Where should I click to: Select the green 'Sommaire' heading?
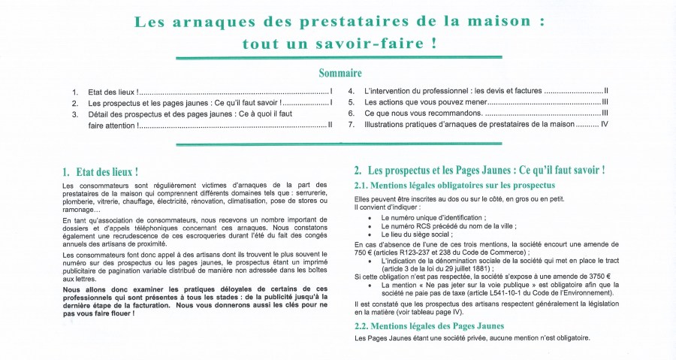click(340, 74)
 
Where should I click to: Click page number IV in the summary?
click(605, 124)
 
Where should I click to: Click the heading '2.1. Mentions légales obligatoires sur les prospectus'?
click(454, 186)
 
